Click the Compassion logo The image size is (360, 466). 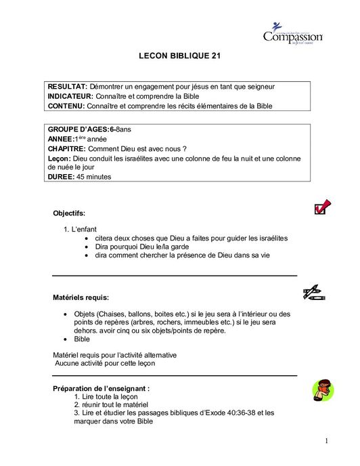pos(292,34)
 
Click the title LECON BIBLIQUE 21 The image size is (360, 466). pos(179,58)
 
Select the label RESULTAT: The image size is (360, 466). pos(67,87)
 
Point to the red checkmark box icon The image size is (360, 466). pos(322,207)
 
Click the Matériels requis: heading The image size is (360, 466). pos(81,297)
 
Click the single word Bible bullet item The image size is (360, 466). pos(82,339)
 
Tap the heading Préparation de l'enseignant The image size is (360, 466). pos(101,388)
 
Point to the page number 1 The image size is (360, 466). pos(325,442)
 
